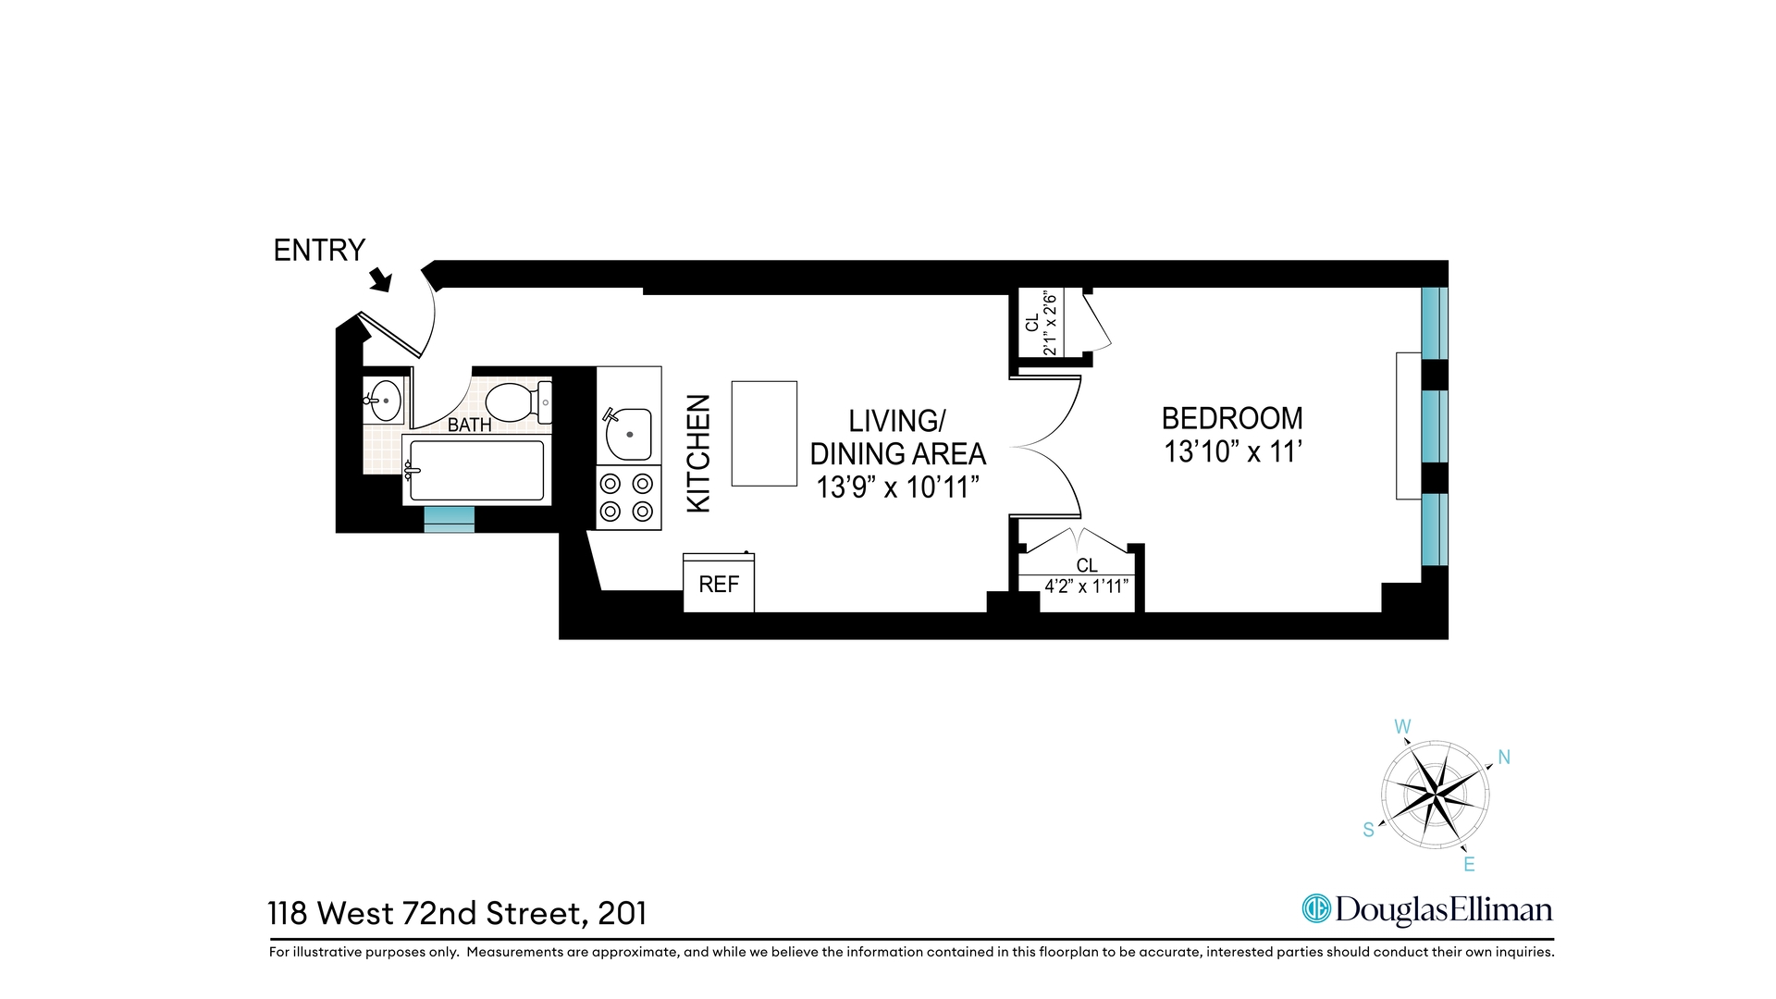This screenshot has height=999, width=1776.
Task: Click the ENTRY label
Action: (x=319, y=250)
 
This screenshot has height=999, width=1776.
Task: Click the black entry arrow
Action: (x=380, y=279)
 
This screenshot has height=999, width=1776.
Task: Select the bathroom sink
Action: (x=385, y=400)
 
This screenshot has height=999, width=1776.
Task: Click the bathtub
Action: (x=476, y=471)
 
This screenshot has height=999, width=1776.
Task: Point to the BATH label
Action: (x=469, y=425)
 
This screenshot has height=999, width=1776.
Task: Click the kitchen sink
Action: (x=629, y=434)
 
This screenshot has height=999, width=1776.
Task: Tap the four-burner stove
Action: (x=628, y=497)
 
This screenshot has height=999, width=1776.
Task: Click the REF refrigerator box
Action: (x=719, y=584)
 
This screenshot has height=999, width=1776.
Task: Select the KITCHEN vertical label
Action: (x=698, y=453)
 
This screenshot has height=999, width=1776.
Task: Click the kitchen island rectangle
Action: (x=764, y=433)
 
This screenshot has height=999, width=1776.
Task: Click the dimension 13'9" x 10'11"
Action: (x=897, y=487)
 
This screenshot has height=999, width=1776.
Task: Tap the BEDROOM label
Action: (x=1232, y=418)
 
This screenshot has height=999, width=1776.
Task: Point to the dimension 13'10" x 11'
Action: (x=1232, y=452)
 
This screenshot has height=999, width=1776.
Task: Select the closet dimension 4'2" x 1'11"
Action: (x=1086, y=586)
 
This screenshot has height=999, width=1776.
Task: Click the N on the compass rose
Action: (x=1504, y=758)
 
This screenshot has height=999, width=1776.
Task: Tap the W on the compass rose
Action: (x=1402, y=727)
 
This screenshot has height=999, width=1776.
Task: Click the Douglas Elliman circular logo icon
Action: (x=1315, y=908)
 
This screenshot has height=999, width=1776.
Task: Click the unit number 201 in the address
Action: (x=623, y=914)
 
